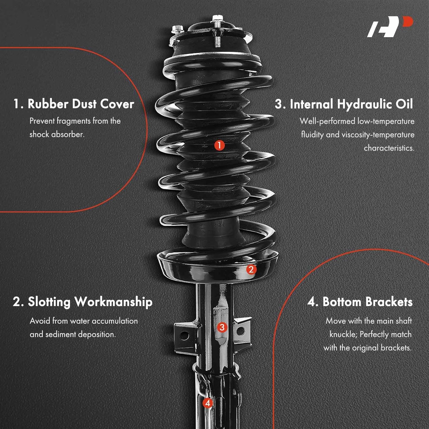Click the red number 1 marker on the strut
[x=219, y=145]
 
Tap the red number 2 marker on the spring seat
[x=251, y=269]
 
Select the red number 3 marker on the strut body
[x=222, y=327]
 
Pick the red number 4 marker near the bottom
[x=208, y=403]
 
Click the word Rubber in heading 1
[x=48, y=104]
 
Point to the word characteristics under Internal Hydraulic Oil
[x=389, y=148]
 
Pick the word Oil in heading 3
[x=404, y=104]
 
